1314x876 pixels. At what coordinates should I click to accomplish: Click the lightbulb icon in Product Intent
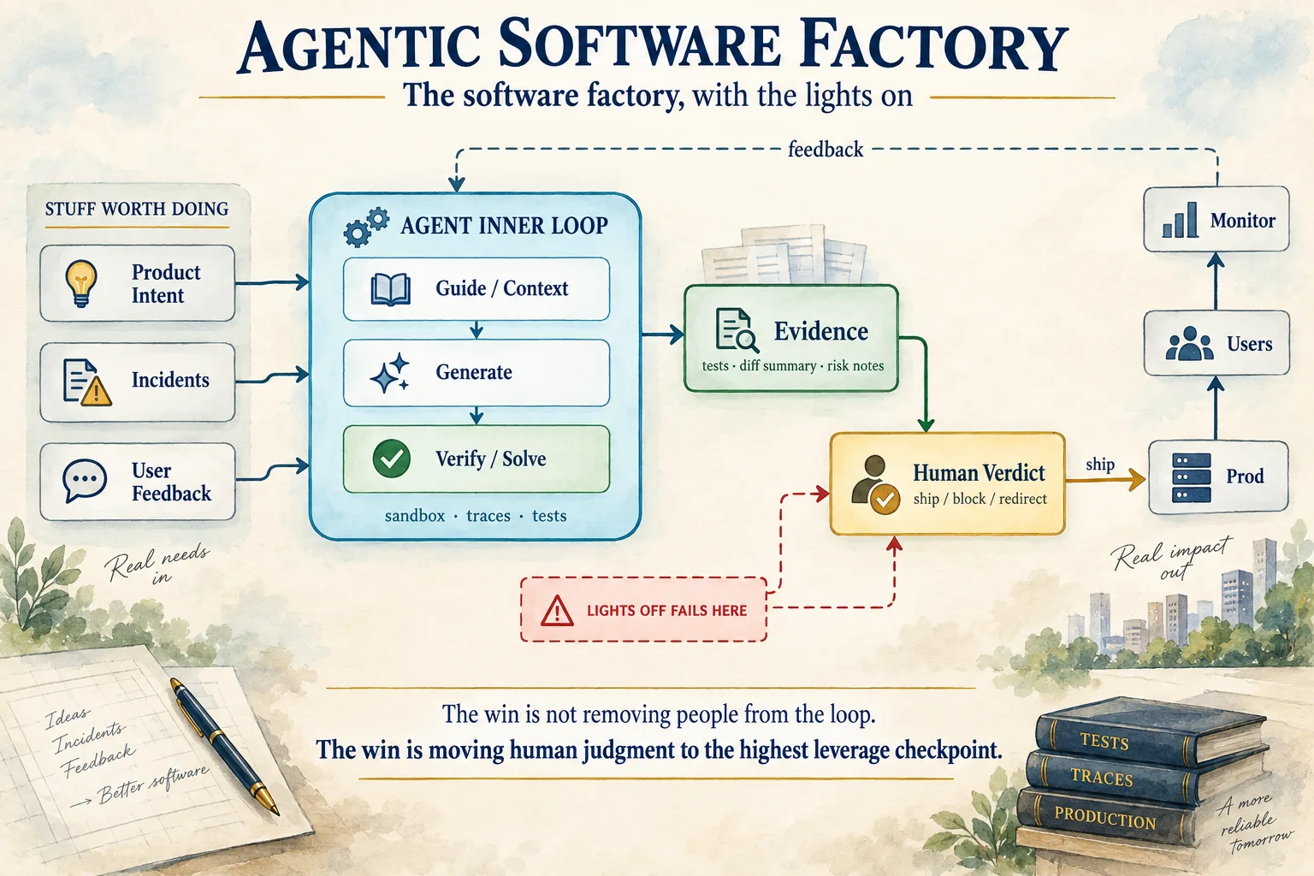(x=81, y=283)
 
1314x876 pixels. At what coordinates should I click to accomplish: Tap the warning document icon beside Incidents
(x=86, y=382)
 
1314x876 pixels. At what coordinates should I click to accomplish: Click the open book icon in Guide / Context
(x=391, y=289)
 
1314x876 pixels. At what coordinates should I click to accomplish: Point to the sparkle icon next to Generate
(x=390, y=373)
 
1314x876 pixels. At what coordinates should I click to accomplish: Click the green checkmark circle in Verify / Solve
(x=391, y=459)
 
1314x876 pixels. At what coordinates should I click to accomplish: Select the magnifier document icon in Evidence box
(x=737, y=330)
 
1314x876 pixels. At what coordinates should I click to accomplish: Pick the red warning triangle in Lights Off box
(x=557, y=610)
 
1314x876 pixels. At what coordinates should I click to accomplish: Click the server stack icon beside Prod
(x=1191, y=477)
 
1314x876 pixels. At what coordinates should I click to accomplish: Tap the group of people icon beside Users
(x=1190, y=343)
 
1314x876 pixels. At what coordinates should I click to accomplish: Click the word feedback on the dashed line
(x=826, y=150)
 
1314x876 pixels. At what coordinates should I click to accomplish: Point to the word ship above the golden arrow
(x=1100, y=465)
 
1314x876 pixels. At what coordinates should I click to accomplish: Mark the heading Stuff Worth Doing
(x=137, y=209)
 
